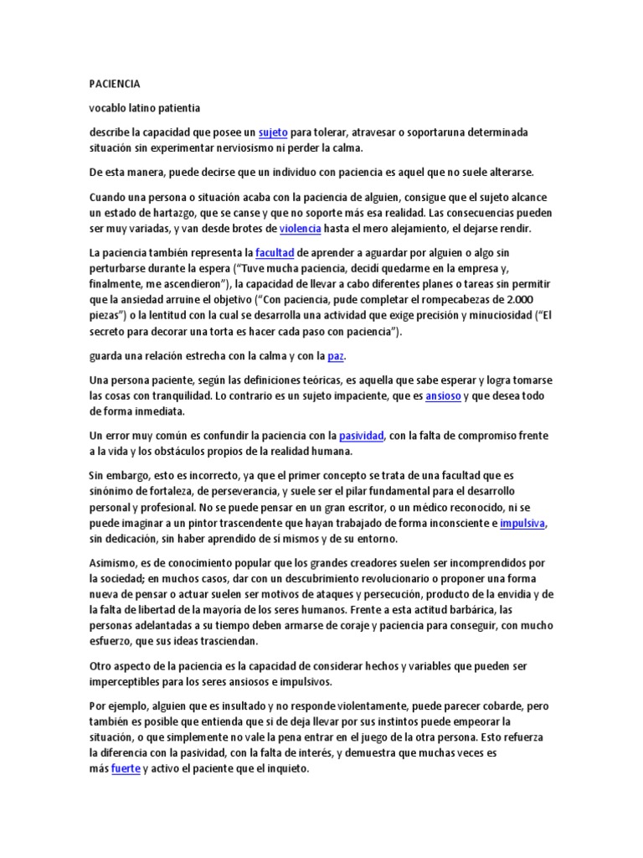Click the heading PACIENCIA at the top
pyautogui.click(x=115, y=85)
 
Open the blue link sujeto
pyautogui.click(x=273, y=133)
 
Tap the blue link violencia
pyautogui.click(x=300, y=228)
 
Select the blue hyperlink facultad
pyautogui.click(x=274, y=252)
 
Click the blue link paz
pyautogui.click(x=336, y=356)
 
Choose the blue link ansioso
pyautogui.click(x=443, y=395)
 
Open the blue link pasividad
pyautogui.click(x=361, y=436)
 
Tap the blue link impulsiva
pyautogui.click(x=522, y=524)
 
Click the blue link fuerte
pyautogui.click(x=126, y=768)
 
